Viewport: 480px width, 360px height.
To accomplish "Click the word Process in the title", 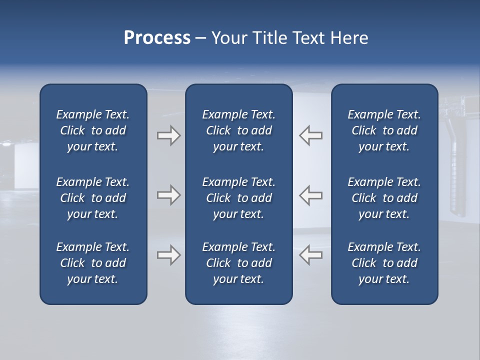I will (157, 38).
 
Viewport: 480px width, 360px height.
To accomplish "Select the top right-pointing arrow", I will (168, 135).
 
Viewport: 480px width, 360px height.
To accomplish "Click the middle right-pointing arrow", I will (168, 194).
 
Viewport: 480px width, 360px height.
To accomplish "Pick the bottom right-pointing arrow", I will (168, 255).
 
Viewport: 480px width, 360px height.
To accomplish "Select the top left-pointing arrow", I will (311, 135).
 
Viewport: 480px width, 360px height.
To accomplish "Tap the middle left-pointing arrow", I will (311, 194).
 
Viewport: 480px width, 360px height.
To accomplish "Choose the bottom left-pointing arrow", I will (311, 255).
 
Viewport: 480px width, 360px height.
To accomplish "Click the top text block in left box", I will (93, 130).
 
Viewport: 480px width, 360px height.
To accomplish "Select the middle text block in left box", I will (93, 198).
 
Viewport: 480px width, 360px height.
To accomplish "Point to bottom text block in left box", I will (93, 263).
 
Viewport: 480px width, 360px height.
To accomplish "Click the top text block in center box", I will (239, 130).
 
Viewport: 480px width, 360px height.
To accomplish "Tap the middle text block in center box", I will (239, 198).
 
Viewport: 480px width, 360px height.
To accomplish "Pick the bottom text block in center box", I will (239, 263).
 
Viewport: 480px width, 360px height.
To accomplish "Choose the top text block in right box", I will (384, 130).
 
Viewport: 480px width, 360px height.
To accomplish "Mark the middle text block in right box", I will (384, 198).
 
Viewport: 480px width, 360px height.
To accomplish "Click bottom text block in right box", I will (384, 263).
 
